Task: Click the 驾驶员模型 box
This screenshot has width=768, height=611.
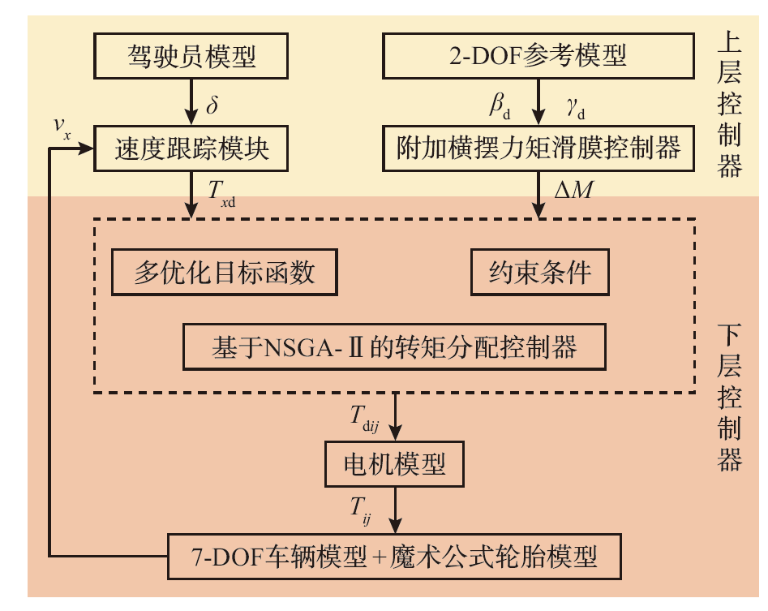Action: click(x=191, y=57)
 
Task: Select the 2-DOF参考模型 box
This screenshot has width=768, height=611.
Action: click(x=538, y=57)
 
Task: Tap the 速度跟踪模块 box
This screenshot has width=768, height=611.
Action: click(x=191, y=148)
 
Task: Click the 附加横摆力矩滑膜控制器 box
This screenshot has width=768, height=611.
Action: click(x=538, y=148)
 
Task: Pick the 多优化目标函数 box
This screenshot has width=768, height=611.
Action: click(x=224, y=273)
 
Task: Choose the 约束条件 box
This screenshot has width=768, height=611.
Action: click(x=539, y=273)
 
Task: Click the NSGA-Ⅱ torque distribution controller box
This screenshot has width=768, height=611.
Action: click(x=394, y=347)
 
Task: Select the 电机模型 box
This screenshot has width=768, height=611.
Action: click(x=395, y=465)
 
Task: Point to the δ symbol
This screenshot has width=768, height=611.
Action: click(x=213, y=104)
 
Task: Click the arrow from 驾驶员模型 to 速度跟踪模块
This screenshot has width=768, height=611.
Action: click(x=192, y=101)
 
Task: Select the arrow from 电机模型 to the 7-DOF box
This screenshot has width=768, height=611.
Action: click(x=395, y=511)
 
